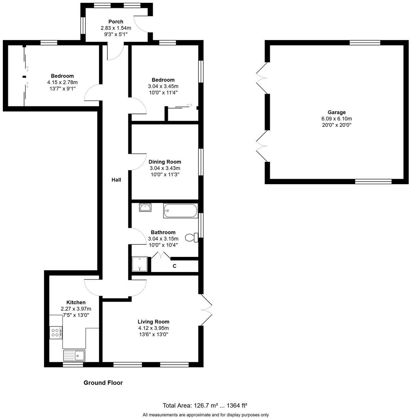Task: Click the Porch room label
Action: click(115, 22)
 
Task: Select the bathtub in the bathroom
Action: click(181, 211)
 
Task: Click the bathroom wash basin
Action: click(146, 208)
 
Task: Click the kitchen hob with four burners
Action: click(55, 332)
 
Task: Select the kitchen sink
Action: click(74, 356)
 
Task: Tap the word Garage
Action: click(337, 112)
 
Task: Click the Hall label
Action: click(116, 180)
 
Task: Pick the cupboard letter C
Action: click(174, 266)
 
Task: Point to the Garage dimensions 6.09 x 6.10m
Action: click(337, 119)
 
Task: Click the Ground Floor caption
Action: click(103, 383)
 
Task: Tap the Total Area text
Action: click(205, 405)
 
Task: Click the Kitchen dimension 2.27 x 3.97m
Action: click(76, 309)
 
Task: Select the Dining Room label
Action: click(165, 162)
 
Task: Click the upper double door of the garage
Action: click(261, 77)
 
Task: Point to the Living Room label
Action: click(153, 321)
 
